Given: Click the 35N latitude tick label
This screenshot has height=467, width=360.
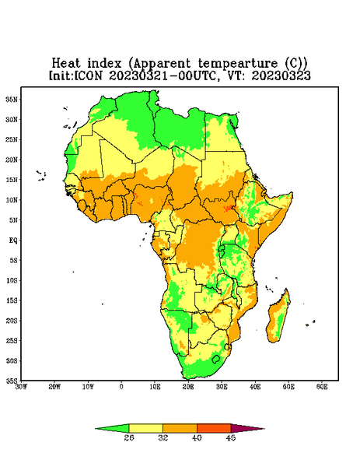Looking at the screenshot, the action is tap(12, 99).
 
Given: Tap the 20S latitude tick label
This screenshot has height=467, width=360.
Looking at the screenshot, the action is tap(12, 321).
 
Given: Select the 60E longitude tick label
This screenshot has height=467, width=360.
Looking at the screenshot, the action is tap(322, 387).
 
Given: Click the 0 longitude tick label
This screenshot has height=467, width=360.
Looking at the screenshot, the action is tap(121, 387).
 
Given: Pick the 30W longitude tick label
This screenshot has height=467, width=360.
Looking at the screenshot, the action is tap(22, 387).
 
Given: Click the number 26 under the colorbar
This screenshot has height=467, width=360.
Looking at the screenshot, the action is tap(129, 437).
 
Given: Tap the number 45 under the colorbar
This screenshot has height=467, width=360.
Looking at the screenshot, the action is tap(231, 437).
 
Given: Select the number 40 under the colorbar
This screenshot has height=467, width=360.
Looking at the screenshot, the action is tap(197, 437).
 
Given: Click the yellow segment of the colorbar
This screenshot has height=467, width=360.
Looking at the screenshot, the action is tap(145, 428).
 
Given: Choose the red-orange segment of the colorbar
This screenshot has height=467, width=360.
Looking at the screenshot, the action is tap(214, 428).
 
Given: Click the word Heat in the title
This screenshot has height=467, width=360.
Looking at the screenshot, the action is tap(66, 64).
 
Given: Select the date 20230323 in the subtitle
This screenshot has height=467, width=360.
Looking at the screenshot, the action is tap(281, 75).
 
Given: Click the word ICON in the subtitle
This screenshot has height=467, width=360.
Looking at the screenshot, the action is tap(88, 75).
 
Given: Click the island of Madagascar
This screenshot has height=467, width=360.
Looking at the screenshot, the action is tap(278, 318).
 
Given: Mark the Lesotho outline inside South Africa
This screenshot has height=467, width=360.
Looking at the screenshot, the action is tap(216, 359).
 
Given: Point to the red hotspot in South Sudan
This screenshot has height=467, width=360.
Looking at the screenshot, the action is tap(229, 208).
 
